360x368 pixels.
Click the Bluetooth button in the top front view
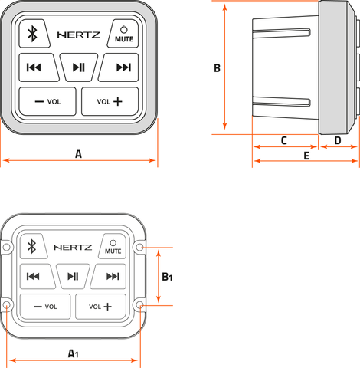pyautogui.click(x=34, y=34)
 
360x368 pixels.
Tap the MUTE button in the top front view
pyautogui.click(x=123, y=34)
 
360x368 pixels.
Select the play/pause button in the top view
pyautogui.click(x=79, y=67)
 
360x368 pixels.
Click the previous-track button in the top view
pyautogui.click(x=38, y=67)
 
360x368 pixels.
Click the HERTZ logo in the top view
pyautogui.click(x=79, y=34)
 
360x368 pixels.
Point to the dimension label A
pyautogui.click(x=78, y=154)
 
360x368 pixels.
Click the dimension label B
pyautogui.click(x=217, y=68)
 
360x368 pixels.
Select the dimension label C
pyautogui.click(x=284, y=140)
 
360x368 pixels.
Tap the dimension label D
pyautogui.click(x=338, y=140)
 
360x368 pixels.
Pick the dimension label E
pyautogui.click(x=306, y=156)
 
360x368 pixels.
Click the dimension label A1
pyautogui.click(x=73, y=353)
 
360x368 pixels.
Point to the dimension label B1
pyautogui.click(x=167, y=277)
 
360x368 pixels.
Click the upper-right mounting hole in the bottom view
pyautogui.click(x=139, y=247)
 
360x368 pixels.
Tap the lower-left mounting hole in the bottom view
pyautogui.click(x=7, y=304)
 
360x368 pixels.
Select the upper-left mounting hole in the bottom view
pyautogui.click(x=7, y=247)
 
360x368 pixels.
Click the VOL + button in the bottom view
pyautogui.click(x=101, y=307)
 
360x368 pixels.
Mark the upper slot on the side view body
pyautogui.click(x=281, y=33)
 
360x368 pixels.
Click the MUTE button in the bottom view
pyautogui.click(x=113, y=246)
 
